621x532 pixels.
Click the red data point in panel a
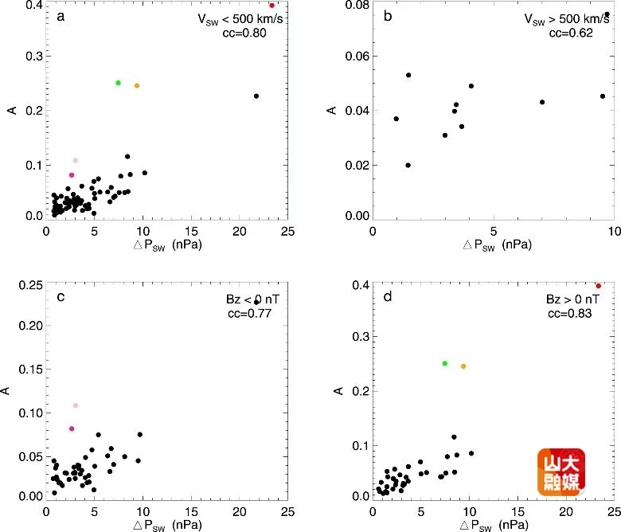tap(271, 6)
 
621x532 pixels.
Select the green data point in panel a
tap(118, 83)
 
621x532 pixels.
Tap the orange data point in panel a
tap(137, 86)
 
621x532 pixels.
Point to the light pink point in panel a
tap(76, 161)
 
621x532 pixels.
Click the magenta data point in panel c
tap(72, 428)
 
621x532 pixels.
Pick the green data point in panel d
tap(445, 363)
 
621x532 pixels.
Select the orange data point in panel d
tap(463, 366)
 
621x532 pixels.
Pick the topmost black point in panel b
tap(607, 14)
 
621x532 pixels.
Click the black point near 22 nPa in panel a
tap(256, 96)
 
